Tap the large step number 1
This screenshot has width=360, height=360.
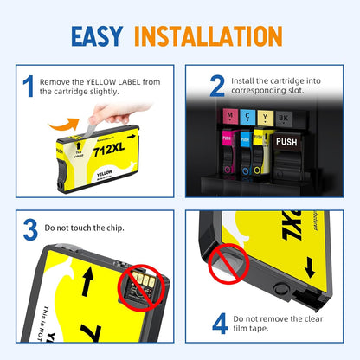(29, 86)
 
